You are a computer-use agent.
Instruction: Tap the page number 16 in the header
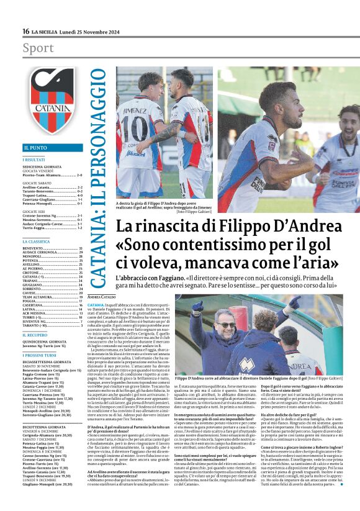point(26,31)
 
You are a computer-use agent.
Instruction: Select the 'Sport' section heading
point(38,48)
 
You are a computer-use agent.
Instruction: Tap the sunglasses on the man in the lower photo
point(226,325)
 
